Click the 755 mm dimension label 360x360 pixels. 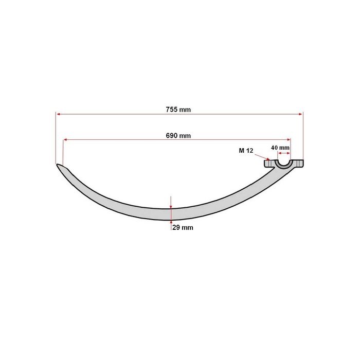178,110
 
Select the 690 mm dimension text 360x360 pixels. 178,136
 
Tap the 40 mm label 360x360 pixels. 280,148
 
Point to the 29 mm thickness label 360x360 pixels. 183,227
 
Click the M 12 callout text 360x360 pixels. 246,151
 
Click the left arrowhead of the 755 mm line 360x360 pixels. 58,114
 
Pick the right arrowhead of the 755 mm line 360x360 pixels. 300,114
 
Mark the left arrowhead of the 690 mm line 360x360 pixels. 65,139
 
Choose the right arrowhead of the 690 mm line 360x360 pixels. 289,139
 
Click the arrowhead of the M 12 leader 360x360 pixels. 268,158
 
